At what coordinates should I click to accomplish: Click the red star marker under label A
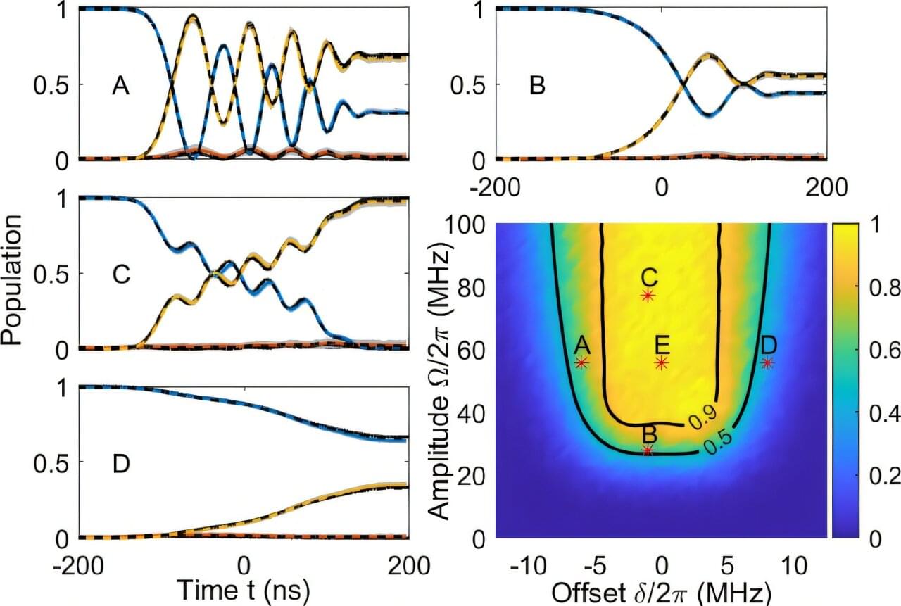581,362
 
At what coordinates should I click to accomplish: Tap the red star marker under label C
648,296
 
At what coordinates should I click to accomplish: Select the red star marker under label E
662,362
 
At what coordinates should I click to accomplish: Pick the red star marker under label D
768,362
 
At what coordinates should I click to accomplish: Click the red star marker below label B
648,450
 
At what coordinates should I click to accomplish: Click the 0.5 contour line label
718,439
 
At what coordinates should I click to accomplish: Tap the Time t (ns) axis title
243,588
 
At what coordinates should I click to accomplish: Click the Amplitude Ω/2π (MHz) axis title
439,381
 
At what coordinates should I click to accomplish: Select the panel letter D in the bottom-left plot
121,465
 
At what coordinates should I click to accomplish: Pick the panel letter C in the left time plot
121,275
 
